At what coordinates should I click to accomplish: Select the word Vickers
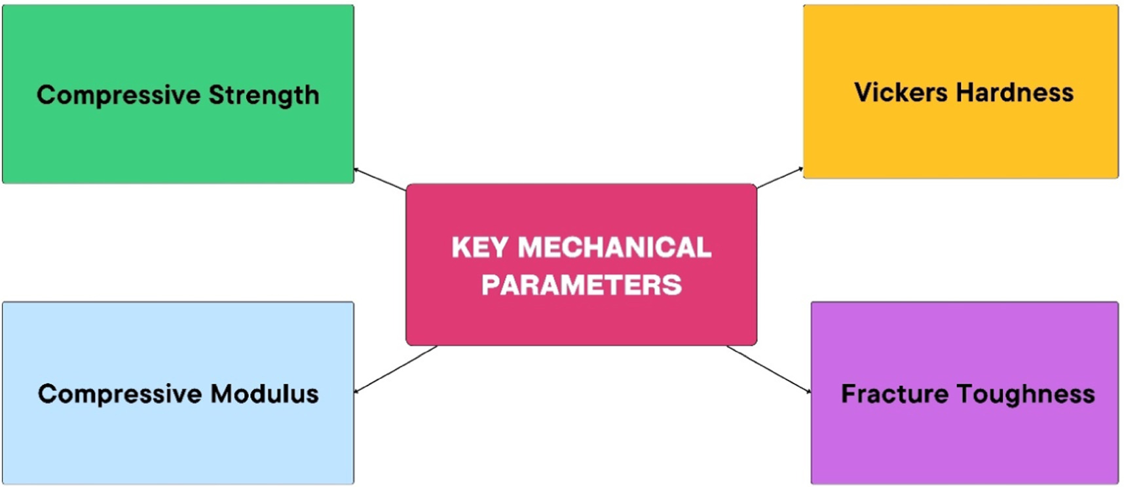[901, 92]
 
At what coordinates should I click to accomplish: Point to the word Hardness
[1015, 92]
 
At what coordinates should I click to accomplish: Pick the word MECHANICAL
[614, 247]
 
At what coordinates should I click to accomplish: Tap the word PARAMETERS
[582, 285]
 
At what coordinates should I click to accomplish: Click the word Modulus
[265, 394]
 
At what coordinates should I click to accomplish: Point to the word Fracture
[895, 394]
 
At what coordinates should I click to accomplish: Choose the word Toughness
[1026, 395]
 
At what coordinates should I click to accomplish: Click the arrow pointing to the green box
[380, 179]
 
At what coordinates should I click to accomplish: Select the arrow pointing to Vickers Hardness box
[780, 177]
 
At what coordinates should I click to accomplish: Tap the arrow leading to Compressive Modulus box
[396, 369]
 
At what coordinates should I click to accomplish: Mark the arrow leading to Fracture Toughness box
[769, 369]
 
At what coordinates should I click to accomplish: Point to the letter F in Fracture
[850, 394]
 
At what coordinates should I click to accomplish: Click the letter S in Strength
[217, 96]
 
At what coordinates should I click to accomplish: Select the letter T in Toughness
[965, 394]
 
